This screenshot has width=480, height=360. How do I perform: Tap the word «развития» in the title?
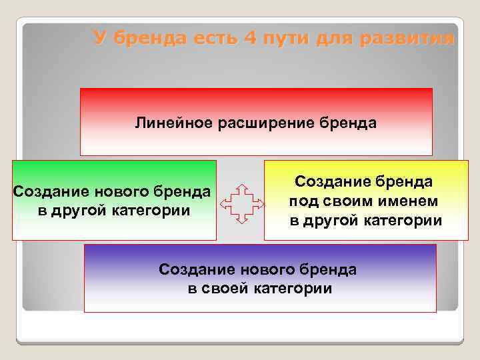click(407, 38)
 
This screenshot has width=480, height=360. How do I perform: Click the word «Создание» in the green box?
click(52, 192)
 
